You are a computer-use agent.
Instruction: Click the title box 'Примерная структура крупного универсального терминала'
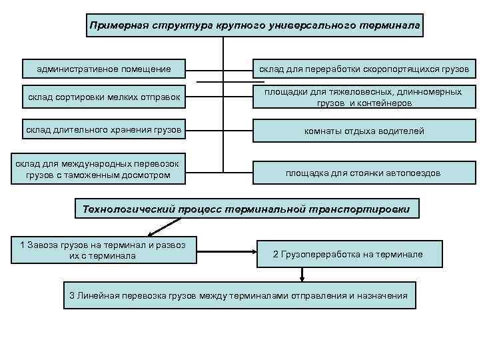255,25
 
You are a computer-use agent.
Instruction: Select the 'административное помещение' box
104,69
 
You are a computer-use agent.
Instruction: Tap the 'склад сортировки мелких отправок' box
104,99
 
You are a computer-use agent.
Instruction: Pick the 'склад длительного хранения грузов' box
104,129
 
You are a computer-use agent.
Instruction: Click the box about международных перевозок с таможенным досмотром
104,169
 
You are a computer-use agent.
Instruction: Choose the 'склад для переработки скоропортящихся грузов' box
364,69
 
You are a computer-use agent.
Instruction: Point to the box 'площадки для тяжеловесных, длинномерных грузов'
364,97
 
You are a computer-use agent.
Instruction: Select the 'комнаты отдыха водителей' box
364,131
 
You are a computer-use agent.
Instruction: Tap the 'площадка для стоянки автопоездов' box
364,173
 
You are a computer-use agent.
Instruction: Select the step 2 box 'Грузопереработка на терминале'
348,254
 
